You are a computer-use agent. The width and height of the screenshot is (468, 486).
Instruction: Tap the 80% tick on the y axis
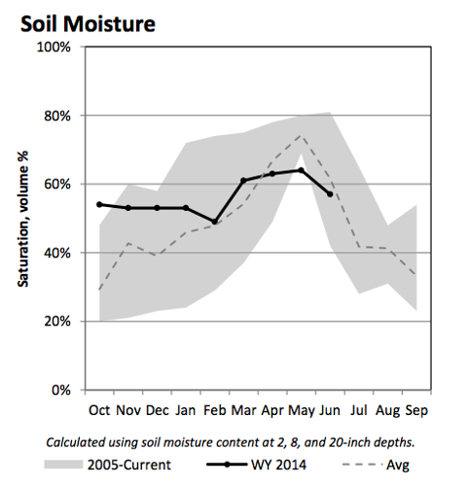tap(61, 116)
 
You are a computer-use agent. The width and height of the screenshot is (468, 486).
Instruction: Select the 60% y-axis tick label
tap(61, 184)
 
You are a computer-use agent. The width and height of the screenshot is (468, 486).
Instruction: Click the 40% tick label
tap(61, 253)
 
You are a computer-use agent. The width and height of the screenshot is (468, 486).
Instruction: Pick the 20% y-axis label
tap(61, 321)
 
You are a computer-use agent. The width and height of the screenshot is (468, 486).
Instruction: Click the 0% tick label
tap(65, 390)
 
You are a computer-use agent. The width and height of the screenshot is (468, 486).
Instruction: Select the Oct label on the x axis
tap(99, 409)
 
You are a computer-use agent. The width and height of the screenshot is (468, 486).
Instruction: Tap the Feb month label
tap(214, 409)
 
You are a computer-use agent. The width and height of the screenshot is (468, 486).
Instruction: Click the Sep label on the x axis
tap(414, 409)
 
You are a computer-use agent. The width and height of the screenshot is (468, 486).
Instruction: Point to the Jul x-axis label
tap(359, 409)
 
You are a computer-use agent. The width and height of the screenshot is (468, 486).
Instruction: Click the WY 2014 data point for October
tap(99, 204)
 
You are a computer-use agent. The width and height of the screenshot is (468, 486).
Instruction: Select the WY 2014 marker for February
tap(214, 222)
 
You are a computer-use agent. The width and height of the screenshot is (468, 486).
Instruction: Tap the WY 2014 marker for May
tap(301, 170)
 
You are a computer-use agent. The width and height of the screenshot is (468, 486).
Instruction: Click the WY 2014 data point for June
tap(330, 194)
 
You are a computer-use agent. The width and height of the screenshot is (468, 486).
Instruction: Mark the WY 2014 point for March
tap(243, 181)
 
